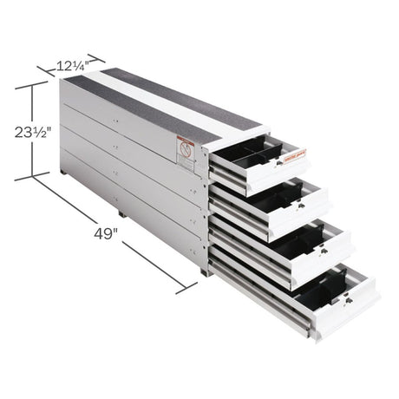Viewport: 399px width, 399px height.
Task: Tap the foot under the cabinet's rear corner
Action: [65, 173]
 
